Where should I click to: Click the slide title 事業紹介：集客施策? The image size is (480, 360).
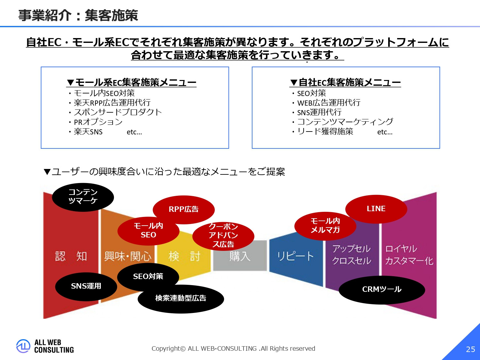(x=78, y=15)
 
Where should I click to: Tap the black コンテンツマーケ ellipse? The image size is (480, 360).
(x=83, y=197)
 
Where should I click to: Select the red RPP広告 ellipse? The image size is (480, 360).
(x=183, y=209)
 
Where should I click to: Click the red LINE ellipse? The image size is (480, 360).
(x=376, y=209)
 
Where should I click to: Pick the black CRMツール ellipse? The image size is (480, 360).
(x=382, y=289)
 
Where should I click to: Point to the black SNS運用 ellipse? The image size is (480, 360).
(x=86, y=286)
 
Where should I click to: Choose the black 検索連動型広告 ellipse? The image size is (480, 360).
(x=180, y=298)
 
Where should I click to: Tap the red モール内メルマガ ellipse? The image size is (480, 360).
(x=325, y=225)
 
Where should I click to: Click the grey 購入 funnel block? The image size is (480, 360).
(x=240, y=256)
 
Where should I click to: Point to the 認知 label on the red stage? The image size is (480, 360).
(x=71, y=256)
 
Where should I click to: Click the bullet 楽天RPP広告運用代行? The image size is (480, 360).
(x=112, y=103)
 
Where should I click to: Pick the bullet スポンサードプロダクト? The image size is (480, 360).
(x=118, y=112)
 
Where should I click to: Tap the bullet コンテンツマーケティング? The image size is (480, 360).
(x=345, y=122)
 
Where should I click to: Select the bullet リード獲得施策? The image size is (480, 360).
(x=325, y=131)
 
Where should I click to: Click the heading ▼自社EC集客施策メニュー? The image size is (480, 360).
(x=345, y=83)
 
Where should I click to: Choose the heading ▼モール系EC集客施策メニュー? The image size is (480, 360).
(x=131, y=83)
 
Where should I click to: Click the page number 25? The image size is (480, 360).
(x=470, y=349)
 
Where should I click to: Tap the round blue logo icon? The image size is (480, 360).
(x=23, y=346)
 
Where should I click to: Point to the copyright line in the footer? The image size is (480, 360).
(x=233, y=348)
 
